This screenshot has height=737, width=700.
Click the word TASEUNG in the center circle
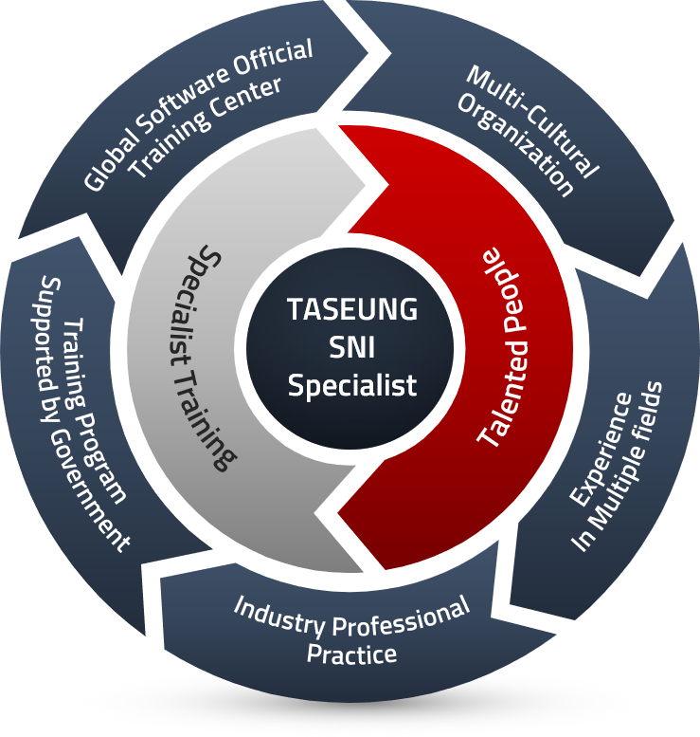(352, 309)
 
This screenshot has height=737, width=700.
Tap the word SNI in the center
(352, 347)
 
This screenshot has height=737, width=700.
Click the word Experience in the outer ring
(601, 450)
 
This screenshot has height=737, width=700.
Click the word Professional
(402, 617)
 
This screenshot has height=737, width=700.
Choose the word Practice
(351, 654)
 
